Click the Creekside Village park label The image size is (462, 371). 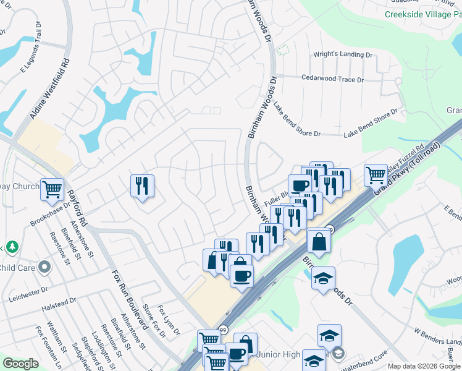tap(422, 14)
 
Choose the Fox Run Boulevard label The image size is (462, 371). tap(129, 299)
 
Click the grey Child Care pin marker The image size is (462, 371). tap(44, 268)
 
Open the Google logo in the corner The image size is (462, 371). tap(20, 364)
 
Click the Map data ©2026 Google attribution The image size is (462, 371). tap(424, 366)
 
